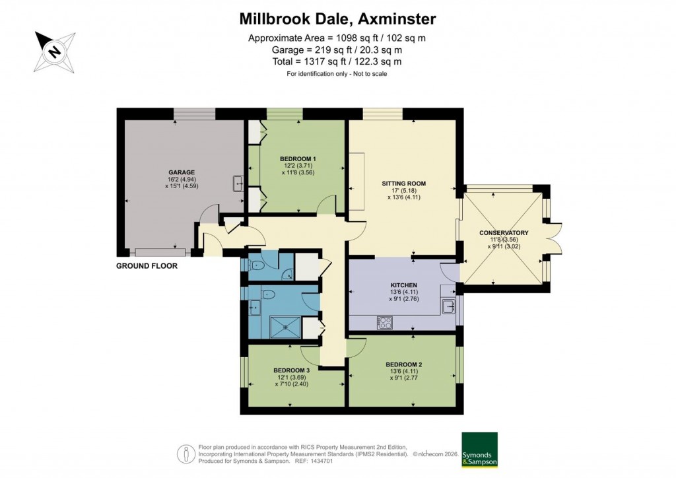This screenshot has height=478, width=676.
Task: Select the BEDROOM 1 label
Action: [x=298, y=158]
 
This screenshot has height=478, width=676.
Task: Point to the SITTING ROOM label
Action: [x=403, y=183]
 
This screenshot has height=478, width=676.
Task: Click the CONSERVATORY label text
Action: [x=504, y=232]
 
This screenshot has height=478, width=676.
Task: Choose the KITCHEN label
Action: [x=403, y=285]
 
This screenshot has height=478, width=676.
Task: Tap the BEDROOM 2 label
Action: [x=403, y=364]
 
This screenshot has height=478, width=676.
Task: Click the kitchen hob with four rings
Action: [x=384, y=323]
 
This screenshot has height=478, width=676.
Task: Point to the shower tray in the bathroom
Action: [x=286, y=326]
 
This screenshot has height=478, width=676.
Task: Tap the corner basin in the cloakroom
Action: [x=287, y=273]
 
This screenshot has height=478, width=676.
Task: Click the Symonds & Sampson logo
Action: [x=479, y=450]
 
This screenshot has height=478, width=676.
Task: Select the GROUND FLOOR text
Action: [x=147, y=266]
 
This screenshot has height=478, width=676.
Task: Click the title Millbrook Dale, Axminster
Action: [x=337, y=18]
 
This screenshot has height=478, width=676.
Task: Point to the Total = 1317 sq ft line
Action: [x=337, y=61]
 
